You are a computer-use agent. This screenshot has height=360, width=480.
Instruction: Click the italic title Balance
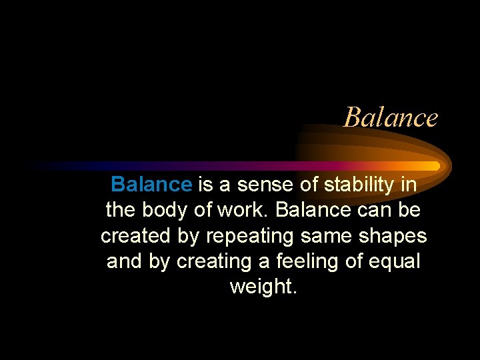click(x=391, y=118)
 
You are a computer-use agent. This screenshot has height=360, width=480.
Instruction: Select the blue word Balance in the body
click(x=151, y=185)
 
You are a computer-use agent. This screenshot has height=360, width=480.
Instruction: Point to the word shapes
click(x=396, y=236)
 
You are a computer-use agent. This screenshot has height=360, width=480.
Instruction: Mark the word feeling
click(x=307, y=261)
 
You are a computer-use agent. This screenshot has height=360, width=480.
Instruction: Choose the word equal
click(x=397, y=261)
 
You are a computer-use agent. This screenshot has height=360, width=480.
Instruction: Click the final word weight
click(x=262, y=287)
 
